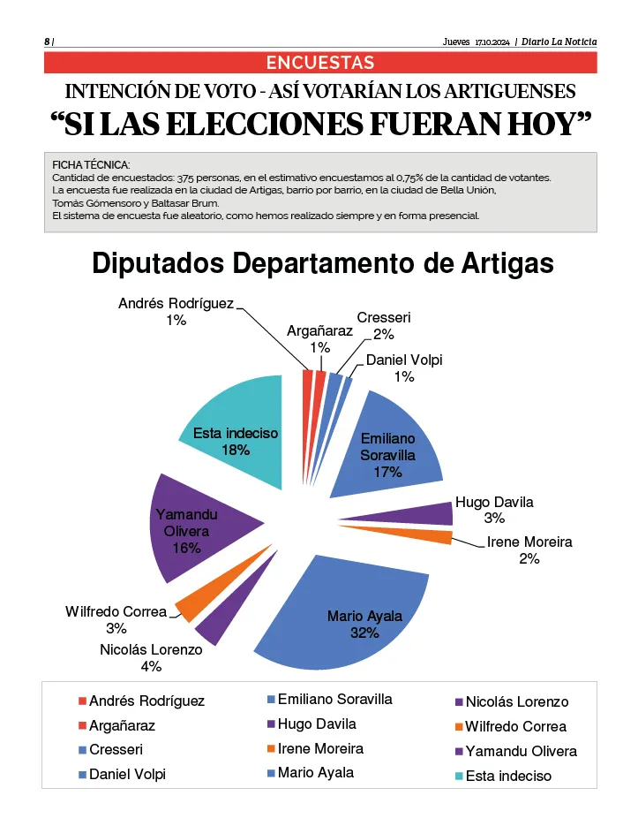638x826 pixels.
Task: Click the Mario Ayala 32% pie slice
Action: (x=353, y=610)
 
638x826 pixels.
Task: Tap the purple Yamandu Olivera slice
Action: (x=199, y=530)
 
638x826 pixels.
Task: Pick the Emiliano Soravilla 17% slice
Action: (x=393, y=442)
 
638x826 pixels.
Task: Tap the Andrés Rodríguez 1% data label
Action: (x=176, y=312)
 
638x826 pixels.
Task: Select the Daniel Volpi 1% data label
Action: (x=404, y=368)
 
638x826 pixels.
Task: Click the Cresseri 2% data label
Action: (x=383, y=326)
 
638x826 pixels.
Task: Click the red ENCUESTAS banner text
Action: (x=320, y=63)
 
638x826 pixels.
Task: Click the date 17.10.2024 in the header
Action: (x=493, y=42)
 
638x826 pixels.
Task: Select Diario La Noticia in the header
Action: (x=559, y=42)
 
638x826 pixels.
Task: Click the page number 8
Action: (x=47, y=42)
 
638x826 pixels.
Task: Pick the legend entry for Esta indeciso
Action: (x=507, y=777)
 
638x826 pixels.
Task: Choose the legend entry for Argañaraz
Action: (x=121, y=725)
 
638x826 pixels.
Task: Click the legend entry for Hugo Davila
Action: (x=316, y=724)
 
